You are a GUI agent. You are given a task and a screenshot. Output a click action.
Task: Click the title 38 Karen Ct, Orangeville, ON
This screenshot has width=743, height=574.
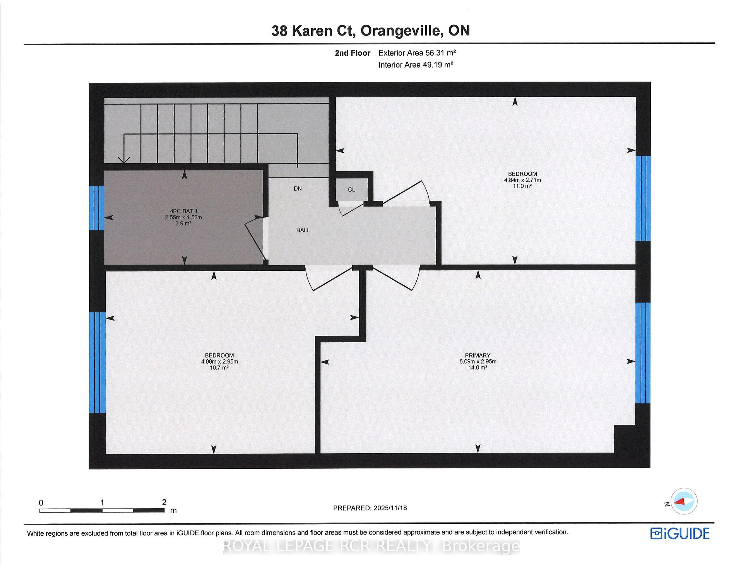371,31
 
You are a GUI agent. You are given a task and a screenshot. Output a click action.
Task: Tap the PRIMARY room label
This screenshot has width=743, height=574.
478,355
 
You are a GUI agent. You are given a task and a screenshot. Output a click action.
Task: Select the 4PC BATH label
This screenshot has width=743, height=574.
183,211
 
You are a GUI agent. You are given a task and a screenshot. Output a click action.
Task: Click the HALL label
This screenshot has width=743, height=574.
303,230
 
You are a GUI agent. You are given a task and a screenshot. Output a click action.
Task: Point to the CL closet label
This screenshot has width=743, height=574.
351,190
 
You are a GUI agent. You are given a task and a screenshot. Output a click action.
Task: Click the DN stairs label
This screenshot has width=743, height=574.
298,189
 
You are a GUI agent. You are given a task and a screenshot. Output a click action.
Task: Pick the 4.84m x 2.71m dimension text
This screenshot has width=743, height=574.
522,180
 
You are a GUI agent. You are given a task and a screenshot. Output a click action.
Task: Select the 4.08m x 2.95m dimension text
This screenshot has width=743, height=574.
219,362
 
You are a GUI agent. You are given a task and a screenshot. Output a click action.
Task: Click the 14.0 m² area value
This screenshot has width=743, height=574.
478,367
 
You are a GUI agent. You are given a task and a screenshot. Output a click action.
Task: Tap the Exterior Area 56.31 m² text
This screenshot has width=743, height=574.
417,53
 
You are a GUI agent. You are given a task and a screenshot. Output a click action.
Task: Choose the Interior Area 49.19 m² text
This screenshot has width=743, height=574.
416,65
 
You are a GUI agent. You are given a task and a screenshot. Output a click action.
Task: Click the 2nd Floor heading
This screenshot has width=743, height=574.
353,53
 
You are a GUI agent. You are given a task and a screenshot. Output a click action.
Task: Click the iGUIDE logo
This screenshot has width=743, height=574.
680,534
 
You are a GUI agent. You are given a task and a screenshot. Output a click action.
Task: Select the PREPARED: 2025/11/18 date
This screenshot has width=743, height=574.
370,508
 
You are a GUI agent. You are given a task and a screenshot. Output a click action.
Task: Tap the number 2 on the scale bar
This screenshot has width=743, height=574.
164,502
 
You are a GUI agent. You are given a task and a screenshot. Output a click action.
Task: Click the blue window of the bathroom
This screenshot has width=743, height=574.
97,208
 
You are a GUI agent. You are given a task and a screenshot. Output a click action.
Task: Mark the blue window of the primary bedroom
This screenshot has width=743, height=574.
643,353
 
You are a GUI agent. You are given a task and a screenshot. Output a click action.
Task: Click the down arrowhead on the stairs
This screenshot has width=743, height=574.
124,160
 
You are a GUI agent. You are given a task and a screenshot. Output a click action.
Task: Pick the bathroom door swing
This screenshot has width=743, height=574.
255,237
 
